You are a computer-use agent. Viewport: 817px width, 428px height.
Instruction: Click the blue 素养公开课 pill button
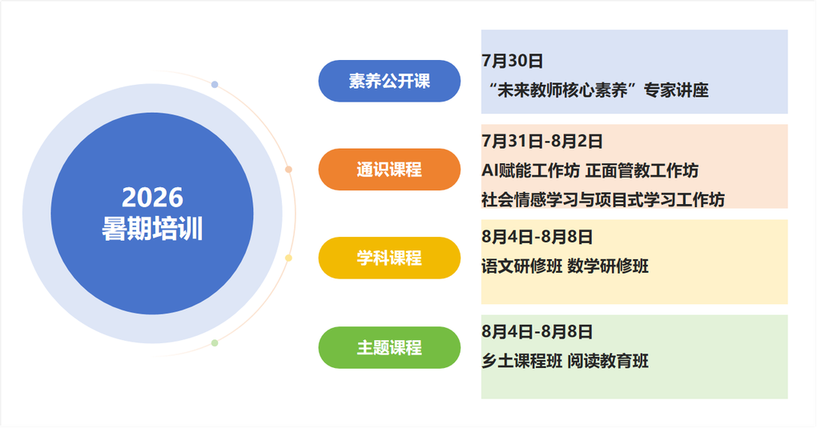(389, 82)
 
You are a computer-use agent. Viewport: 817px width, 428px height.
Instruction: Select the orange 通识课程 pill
(389, 170)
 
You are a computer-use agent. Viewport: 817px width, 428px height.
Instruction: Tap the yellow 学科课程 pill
(389, 258)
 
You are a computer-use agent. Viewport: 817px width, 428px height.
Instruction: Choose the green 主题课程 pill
(389, 348)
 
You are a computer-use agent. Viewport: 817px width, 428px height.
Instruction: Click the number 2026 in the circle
(153, 198)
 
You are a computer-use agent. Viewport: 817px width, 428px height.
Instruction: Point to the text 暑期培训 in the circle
(152, 229)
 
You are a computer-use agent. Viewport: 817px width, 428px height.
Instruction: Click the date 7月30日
(512, 61)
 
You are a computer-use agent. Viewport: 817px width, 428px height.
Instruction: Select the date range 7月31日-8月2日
(542, 141)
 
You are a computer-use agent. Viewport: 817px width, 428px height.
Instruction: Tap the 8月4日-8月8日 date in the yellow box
(537, 237)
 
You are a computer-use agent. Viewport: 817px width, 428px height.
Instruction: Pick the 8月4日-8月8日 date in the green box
(537, 332)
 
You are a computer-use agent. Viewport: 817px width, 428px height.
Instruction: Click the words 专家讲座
(676, 90)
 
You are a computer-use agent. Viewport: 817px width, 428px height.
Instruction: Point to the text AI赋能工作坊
(530, 170)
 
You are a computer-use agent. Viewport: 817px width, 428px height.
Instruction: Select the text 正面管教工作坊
(642, 170)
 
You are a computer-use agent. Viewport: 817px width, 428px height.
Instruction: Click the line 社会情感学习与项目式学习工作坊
(603, 199)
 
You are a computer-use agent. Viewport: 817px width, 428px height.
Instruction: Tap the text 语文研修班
(521, 266)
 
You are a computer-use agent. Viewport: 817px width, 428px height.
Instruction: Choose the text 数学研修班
(608, 266)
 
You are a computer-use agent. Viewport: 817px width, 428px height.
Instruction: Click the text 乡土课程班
(521, 361)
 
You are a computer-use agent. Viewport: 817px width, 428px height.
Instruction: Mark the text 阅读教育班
(608, 361)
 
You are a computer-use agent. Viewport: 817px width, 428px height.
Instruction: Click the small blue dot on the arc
(215, 84)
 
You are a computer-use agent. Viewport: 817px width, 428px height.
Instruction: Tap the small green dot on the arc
(215, 343)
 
